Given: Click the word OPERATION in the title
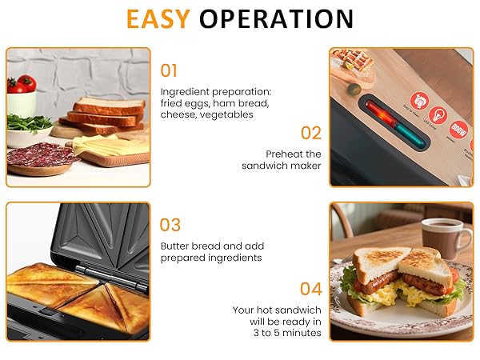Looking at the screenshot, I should (x=276, y=19).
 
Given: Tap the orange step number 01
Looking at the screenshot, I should (x=170, y=70).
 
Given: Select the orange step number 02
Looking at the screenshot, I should (x=310, y=133).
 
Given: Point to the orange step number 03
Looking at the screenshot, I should (x=170, y=225).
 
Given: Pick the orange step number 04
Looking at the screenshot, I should (x=310, y=288).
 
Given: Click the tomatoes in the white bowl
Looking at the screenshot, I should (x=22, y=83).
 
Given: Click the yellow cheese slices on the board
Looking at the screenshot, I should (x=104, y=146).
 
